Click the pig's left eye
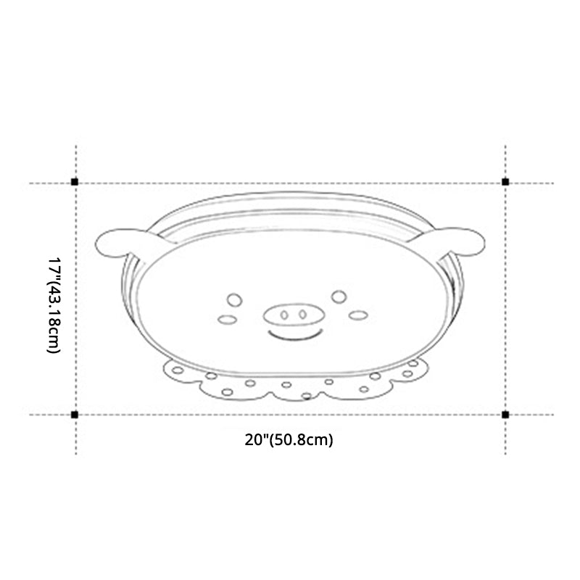pos(233,298)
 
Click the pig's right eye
pos(339,295)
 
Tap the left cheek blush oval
pos(225,320)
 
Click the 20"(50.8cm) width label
pos(289,439)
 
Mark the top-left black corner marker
pos(75,182)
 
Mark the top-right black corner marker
pos(505,182)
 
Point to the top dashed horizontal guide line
pos(290,183)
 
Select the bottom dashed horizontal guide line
pos(290,415)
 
